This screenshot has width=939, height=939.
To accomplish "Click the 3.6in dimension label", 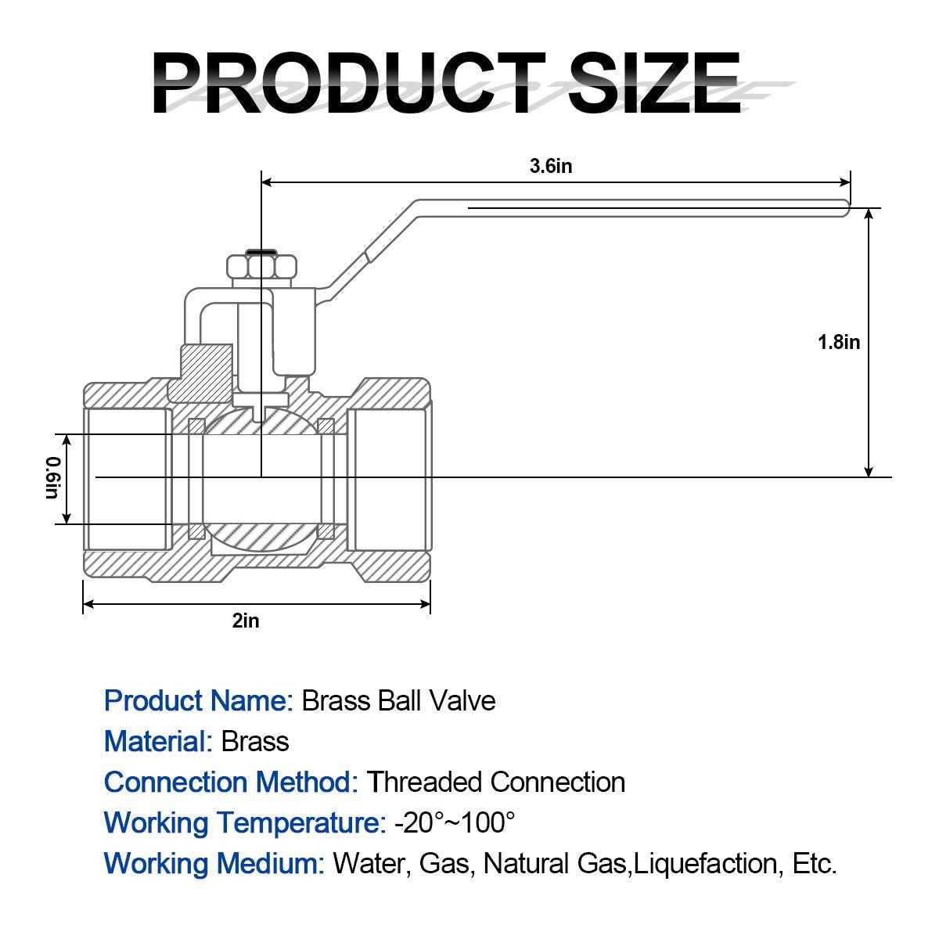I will coord(551,166).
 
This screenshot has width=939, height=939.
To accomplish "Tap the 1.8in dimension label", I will coord(838,342).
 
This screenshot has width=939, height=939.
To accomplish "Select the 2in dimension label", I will coord(246,621).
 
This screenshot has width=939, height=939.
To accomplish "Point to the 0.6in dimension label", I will coord(52,477).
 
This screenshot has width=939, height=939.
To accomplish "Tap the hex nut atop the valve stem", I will coord(261,268).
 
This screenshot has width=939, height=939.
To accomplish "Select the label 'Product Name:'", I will coord(198,700).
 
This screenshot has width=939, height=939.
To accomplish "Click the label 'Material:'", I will coord(158,741).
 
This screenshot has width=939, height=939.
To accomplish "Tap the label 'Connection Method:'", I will coord(231,782).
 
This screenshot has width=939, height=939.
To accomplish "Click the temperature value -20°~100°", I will coord(455,822).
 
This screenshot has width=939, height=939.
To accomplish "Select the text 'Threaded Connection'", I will coord(497,782).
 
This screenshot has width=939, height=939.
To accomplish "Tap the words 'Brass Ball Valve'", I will coord(398,700).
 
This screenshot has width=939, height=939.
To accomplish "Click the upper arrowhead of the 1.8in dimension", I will coord(869,214).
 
